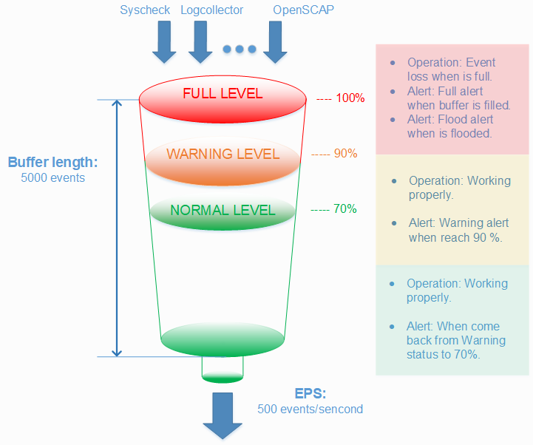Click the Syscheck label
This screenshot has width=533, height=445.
[146, 10]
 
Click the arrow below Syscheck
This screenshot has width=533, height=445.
[163, 44]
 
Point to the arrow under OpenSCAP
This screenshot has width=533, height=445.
[275, 44]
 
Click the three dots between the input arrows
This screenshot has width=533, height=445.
[240, 50]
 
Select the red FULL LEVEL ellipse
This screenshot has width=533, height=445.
[223, 95]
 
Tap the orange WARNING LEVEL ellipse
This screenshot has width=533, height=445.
[223, 155]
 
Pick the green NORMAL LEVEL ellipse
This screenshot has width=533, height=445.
[223, 210]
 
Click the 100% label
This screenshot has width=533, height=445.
[350, 98]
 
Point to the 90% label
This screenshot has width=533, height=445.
[345, 154]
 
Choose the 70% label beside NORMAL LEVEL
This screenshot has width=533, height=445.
[344, 208]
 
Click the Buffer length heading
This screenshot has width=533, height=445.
[52, 163]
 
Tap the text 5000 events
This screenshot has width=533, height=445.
[52, 177]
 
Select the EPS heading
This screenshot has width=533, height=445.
[310, 393]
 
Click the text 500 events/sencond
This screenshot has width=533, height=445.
[310, 409]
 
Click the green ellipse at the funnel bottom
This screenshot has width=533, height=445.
[223, 339]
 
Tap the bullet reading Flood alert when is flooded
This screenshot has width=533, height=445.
[449, 126]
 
